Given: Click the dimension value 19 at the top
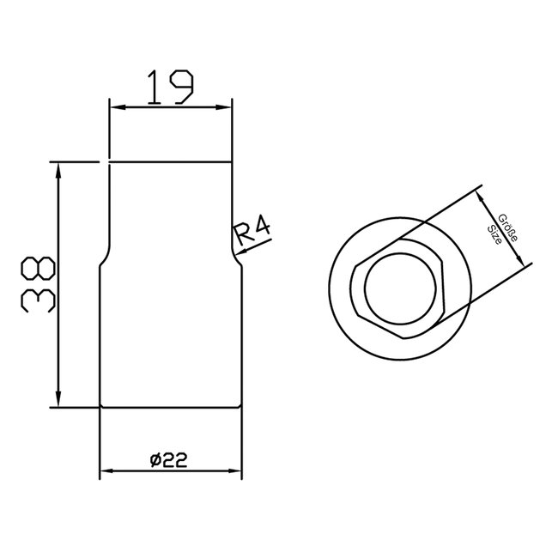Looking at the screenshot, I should [x=169, y=87].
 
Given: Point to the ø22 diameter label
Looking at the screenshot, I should [x=169, y=460].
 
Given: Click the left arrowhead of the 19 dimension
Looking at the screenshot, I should [x=113, y=107].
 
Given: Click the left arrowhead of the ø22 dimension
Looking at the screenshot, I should [x=106, y=471].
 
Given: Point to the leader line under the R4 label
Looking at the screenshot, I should [x=256, y=243].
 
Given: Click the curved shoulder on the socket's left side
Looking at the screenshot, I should [x=105, y=256].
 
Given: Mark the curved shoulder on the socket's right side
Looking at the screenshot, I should [x=235, y=256].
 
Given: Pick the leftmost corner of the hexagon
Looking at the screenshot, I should [x=352, y=290].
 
